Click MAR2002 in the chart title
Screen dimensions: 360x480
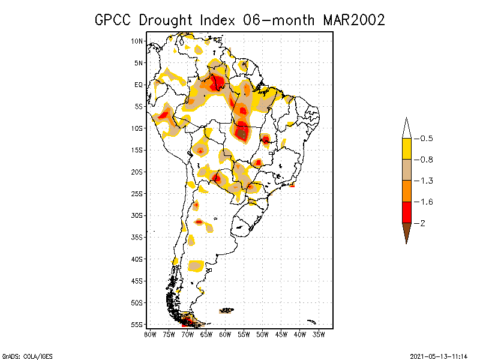click(x=354, y=20)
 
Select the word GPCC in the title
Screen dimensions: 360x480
click(x=115, y=20)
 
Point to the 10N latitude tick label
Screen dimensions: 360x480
click(x=137, y=41)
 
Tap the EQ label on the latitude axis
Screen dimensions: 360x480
click(x=138, y=85)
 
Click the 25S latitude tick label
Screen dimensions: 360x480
click(x=137, y=193)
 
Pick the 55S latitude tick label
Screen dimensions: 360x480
click(x=137, y=324)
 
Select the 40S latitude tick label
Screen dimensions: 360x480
click(x=137, y=259)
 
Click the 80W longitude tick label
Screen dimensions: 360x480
click(x=150, y=334)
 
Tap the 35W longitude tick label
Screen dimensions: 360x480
click(x=319, y=334)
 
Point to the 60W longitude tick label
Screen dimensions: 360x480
click(x=225, y=334)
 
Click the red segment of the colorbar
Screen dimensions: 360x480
click(x=407, y=212)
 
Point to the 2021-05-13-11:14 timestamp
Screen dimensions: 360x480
click(x=438, y=355)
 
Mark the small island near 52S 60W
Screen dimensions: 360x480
click(x=227, y=310)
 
